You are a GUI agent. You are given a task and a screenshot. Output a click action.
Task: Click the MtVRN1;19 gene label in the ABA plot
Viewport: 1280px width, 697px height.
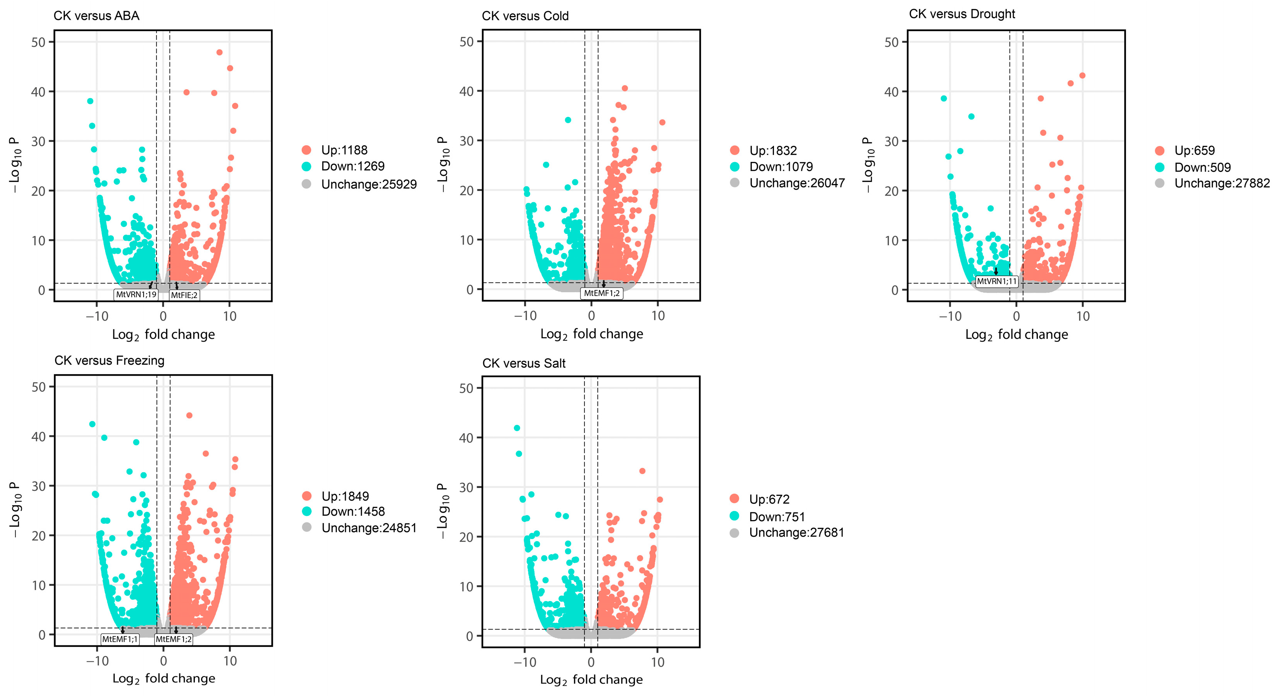[x=136, y=295]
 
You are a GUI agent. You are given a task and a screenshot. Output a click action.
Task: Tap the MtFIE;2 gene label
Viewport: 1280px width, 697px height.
[x=184, y=295]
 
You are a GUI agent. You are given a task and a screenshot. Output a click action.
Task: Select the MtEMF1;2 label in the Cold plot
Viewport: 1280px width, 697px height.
[x=602, y=293]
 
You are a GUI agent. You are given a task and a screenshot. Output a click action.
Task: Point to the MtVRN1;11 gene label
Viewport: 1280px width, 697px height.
[x=997, y=281]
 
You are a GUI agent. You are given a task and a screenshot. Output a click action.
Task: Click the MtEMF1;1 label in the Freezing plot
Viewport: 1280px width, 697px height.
[x=120, y=639]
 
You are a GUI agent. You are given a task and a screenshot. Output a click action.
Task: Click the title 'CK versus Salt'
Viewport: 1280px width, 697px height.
[x=524, y=363]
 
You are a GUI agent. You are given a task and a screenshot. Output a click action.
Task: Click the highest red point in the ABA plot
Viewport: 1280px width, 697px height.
[x=219, y=52]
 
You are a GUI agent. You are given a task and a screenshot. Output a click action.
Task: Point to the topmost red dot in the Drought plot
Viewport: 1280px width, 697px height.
[x=1082, y=76]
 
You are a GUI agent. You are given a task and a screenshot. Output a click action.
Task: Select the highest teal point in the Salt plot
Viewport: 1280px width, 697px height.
[x=517, y=428]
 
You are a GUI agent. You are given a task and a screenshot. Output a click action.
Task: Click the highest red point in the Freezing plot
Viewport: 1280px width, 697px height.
[x=189, y=415]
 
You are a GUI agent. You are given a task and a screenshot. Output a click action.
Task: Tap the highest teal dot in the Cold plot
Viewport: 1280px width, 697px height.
[x=568, y=120]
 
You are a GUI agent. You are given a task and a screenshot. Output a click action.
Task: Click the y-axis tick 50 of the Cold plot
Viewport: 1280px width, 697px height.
[x=467, y=42]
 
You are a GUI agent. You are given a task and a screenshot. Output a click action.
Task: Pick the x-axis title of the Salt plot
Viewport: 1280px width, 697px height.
[x=591, y=680]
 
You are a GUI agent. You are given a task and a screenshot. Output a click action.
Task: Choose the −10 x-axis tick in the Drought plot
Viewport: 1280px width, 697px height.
[x=950, y=316]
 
